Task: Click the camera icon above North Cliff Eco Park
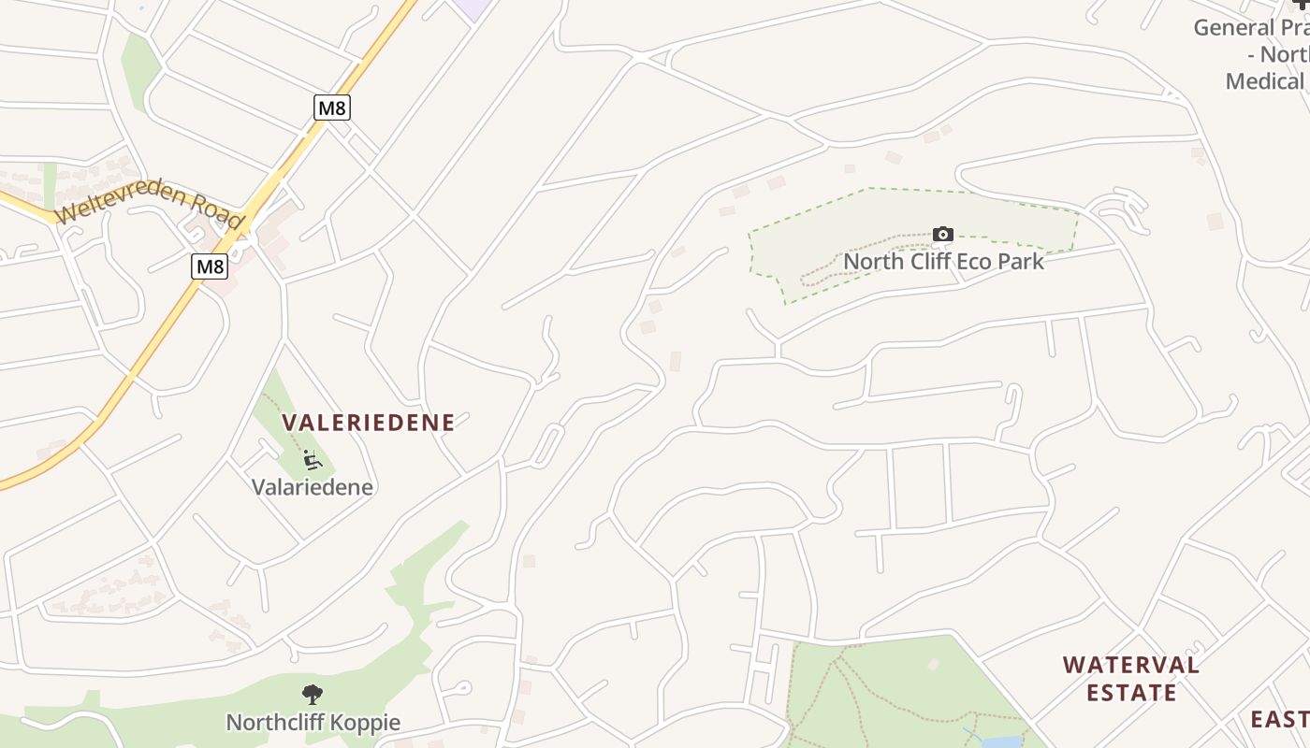(943, 234)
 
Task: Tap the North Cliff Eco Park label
(943, 261)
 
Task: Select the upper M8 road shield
(331, 108)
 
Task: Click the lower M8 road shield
(210, 266)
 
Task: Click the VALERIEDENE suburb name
(369, 423)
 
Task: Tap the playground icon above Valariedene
(313, 460)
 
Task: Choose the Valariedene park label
(313, 487)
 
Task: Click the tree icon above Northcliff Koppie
(313, 695)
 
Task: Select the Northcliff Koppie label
(313, 723)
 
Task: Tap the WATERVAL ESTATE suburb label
(1130, 679)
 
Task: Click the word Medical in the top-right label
(1263, 81)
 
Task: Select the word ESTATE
(1130, 693)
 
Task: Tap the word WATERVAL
(1130, 665)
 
